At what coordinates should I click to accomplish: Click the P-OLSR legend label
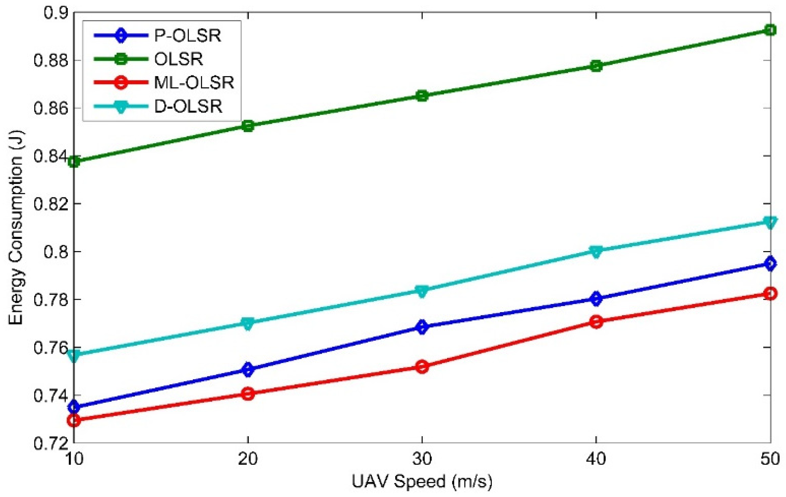(188, 35)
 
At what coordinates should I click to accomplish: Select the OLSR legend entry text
(179, 59)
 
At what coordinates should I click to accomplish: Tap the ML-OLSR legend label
(194, 83)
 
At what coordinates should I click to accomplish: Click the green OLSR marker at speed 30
(422, 96)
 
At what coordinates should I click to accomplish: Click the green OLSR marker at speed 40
(596, 66)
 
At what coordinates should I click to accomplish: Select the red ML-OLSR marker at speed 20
(248, 394)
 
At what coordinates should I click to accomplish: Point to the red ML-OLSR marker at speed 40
(596, 322)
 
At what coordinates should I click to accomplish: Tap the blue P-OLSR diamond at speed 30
(422, 327)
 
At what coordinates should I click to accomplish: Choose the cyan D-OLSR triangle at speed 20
(248, 324)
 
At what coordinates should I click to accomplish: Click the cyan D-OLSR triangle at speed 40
(596, 251)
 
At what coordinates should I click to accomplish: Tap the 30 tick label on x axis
(422, 459)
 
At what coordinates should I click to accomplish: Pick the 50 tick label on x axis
(770, 459)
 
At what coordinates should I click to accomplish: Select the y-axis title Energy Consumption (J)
(16, 227)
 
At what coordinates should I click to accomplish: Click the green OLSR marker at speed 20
(248, 126)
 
